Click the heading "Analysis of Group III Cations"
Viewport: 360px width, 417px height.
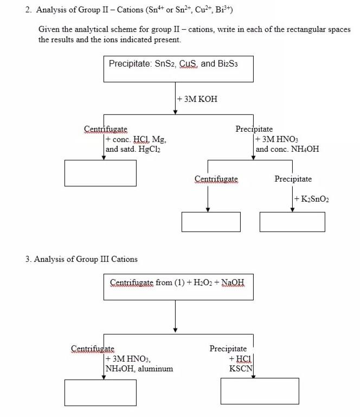click(x=86, y=259)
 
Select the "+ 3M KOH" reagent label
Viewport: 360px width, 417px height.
click(x=197, y=99)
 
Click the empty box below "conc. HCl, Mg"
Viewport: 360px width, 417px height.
click(x=100, y=173)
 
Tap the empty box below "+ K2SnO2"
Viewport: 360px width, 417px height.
click(x=292, y=222)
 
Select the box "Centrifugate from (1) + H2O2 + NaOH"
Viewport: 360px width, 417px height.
click(x=178, y=287)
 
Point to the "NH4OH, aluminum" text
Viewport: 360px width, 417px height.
click(x=139, y=369)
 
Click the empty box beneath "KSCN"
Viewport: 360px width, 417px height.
click(x=259, y=391)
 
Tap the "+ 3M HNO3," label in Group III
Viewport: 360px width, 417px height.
click(x=128, y=359)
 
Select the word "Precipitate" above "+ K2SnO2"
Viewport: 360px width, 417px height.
click(x=293, y=179)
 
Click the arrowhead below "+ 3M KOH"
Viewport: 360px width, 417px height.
click(x=175, y=112)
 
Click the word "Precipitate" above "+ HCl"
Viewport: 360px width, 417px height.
click(x=228, y=349)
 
